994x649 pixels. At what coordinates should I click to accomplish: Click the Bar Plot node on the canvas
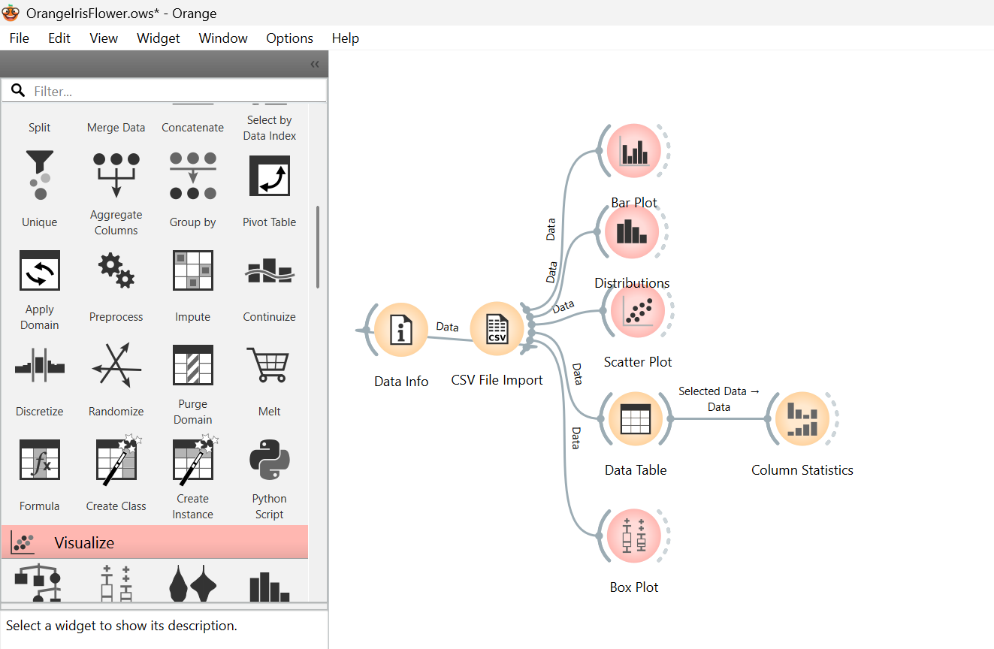coord(633,151)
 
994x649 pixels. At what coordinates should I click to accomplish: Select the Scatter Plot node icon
coord(638,310)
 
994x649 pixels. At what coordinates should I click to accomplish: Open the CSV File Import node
coord(497,329)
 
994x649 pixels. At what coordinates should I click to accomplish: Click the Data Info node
coord(401,330)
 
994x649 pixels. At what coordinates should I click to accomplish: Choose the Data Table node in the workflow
coord(636,418)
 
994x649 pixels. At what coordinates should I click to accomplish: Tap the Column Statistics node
coord(802,418)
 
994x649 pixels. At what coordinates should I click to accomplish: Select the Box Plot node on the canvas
coord(633,536)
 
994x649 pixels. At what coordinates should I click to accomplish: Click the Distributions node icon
coord(633,231)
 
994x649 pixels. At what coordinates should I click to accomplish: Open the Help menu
coord(346,38)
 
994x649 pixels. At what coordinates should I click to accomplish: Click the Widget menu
coord(158,38)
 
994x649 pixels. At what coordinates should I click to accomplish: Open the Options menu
coord(289,38)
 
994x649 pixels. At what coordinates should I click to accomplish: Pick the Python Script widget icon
coord(270,460)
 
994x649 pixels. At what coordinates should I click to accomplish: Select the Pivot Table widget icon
coord(270,176)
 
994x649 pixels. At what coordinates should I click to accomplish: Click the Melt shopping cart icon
coord(269,364)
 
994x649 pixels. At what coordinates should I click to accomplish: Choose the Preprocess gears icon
coord(116,270)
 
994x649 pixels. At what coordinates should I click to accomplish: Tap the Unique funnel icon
coord(40,175)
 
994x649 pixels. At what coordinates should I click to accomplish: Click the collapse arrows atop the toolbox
coord(315,65)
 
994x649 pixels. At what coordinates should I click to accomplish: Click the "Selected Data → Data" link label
coord(719,399)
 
